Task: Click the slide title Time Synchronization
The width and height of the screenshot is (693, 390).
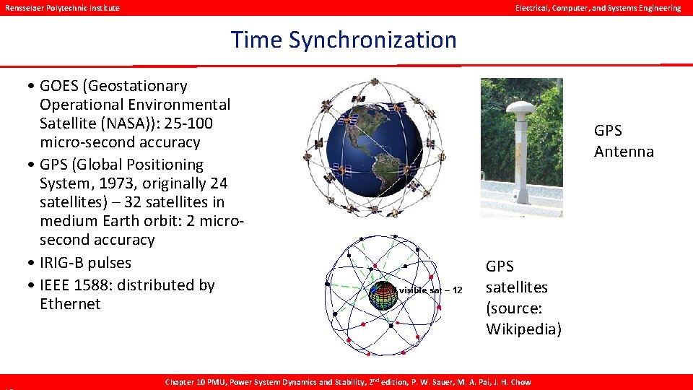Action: (x=344, y=40)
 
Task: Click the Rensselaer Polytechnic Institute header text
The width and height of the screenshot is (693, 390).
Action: (x=61, y=8)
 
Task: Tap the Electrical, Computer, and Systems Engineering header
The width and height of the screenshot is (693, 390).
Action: (x=597, y=8)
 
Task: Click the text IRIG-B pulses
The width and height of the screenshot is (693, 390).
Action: (x=86, y=262)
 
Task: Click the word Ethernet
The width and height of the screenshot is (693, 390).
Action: (x=70, y=304)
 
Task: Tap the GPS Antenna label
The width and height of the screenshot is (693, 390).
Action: (x=623, y=141)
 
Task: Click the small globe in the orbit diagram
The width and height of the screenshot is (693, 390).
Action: (x=383, y=295)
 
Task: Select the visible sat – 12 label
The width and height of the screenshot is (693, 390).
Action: (x=430, y=290)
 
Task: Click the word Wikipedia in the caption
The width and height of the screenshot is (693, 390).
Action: (x=523, y=329)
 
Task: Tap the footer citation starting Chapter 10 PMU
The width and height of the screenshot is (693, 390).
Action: (x=349, y=382)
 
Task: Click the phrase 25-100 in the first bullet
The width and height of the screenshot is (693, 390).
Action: (x=187, y=123)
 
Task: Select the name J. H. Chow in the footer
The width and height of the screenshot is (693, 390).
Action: (x=513, y=382)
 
